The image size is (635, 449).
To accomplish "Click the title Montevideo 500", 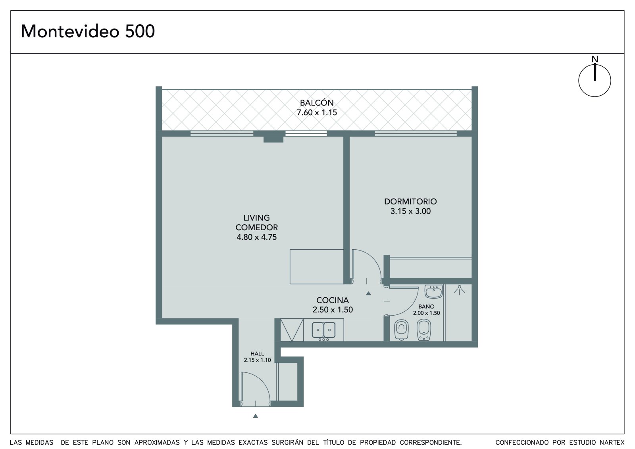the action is [88, 31].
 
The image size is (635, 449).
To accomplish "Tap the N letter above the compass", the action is [595, 59].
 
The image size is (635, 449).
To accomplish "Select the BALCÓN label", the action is [317, 103].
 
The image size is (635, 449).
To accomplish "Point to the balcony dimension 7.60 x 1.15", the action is [317, 113].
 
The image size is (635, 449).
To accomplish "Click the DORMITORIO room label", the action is [410, 202].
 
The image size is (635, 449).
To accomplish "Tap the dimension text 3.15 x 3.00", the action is [410, 211].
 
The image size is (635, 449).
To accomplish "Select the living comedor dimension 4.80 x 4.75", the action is [256, 237].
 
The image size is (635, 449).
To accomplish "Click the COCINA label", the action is [333, 300].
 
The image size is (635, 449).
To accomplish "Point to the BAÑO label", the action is [426, 306].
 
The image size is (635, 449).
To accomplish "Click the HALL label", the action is [257, 354].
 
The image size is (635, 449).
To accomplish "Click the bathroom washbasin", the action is [433, 291].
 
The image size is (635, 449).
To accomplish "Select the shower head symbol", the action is [459, 290].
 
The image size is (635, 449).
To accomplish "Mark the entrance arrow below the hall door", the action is [256, 416].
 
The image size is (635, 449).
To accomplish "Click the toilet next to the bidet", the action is [401, 330].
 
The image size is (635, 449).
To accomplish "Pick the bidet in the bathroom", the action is [424, 330].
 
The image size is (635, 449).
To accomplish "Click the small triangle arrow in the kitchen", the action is [368, 293].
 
